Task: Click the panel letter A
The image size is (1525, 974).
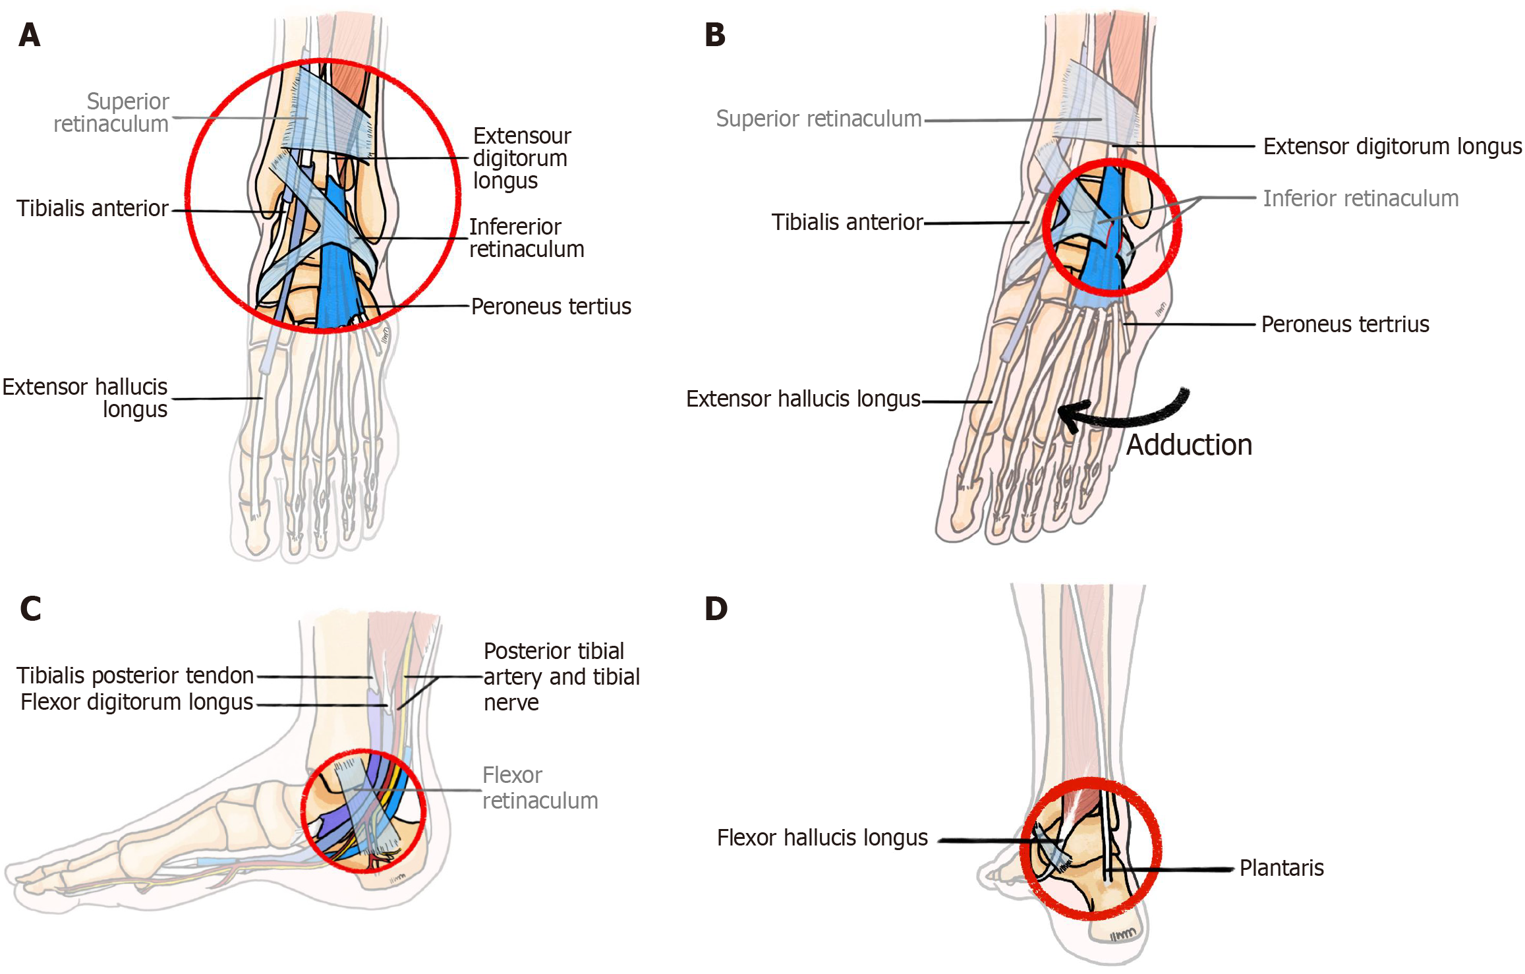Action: coord(30,35)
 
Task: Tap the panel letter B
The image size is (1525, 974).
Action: coord(715,35)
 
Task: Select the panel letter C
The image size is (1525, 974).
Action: coord(30,608)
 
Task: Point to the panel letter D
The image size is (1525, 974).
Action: coord(716,608)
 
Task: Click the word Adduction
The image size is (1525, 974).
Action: coord(1189,445)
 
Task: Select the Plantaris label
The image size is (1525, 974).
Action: coord(1281,868)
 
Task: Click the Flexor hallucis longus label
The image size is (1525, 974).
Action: coord(822,838)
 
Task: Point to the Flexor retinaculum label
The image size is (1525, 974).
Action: coord(540,788)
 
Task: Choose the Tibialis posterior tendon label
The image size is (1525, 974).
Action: coord(135,675)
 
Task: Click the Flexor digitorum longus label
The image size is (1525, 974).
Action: coord(136,702)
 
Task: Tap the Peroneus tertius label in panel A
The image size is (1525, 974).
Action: coord(551,306)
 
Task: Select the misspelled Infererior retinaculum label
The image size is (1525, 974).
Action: coord(526,238)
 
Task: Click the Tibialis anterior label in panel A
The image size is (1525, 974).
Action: coord(92,208)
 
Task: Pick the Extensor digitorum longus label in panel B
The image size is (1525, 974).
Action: coord(1392,146)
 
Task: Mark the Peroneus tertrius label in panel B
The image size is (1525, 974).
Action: coord(1345,324)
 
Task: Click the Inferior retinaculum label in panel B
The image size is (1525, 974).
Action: coord(1360,198)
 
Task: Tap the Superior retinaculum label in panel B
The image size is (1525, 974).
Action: coord(819,119)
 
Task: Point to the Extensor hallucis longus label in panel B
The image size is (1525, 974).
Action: coord(803,399)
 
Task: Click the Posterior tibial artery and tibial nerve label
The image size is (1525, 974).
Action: coord(561,677)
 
